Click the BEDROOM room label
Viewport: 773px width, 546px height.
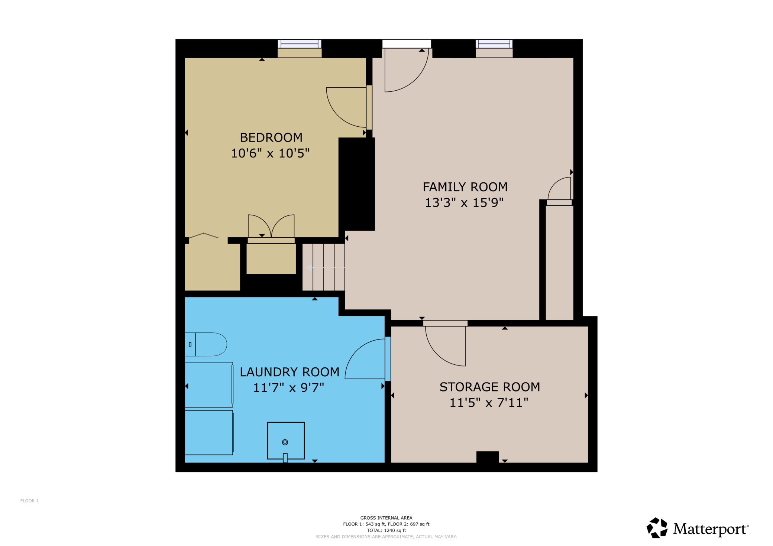[x=271, y=137]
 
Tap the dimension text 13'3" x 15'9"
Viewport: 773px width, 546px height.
[x=464, y=203]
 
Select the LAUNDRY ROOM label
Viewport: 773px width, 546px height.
[x=290, y=372]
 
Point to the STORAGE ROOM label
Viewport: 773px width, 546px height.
[x=489, y=387]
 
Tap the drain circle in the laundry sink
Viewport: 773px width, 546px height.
[x=285, y=442]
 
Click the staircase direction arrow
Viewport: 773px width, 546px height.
[x=310, y=268]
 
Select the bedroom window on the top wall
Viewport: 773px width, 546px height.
[x=300, y=44]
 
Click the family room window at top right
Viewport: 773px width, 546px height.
[x=494, y=44]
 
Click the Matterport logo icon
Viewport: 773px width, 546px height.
[x=657, y=528]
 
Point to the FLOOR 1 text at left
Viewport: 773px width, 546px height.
[x=29, y=501]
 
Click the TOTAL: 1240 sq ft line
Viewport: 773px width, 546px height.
[x=386, y=530]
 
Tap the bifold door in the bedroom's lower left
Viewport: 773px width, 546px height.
[x=204, y=235]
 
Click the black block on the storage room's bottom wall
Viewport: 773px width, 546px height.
[x=487, y=457]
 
